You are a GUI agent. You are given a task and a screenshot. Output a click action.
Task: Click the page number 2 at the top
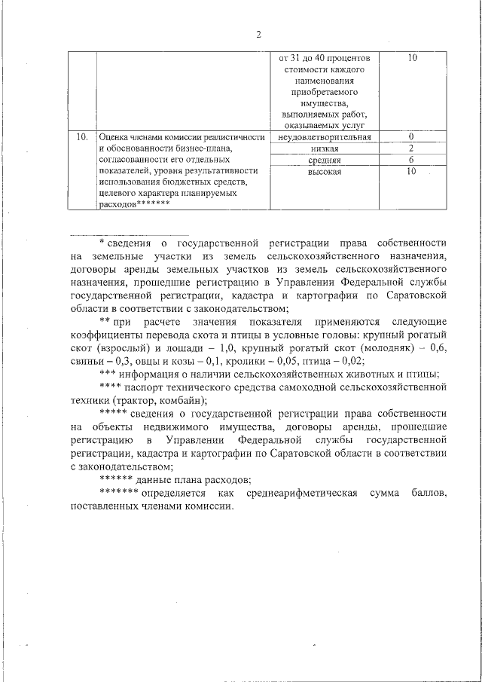point(258,34)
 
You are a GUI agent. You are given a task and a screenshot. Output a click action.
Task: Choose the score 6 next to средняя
point(411,161)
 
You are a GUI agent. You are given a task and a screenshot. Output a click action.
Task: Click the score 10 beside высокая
point(411,173)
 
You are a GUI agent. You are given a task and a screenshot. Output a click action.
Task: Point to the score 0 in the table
point(411,136)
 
